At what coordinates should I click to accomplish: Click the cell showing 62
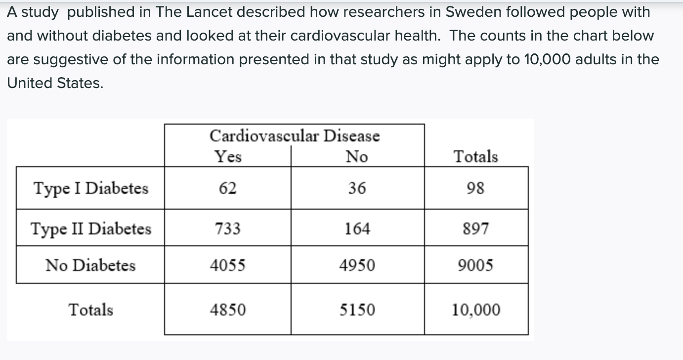[227, 188]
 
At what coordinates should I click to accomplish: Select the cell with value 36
[357, 188]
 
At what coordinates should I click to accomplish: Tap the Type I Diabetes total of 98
[475, 188]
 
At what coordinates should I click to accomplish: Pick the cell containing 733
[227, 228]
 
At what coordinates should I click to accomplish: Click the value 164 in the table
[357, 228]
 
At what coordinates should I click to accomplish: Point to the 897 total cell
[475, 228]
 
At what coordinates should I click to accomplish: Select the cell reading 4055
[227, 265]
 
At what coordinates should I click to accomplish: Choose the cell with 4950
[357, 265]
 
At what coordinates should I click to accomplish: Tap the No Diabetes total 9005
[475, 265]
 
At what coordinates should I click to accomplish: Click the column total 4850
[227, 310]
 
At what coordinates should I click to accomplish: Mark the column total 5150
[357, 310]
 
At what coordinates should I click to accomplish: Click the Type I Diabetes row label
[91, 188]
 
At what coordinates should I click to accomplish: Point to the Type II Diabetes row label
[91, 229]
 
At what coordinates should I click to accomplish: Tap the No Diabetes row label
[90, 265]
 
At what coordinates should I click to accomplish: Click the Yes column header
[228, 156]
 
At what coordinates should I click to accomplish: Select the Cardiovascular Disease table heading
[295, 136]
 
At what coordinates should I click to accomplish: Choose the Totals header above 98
[475, 156]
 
